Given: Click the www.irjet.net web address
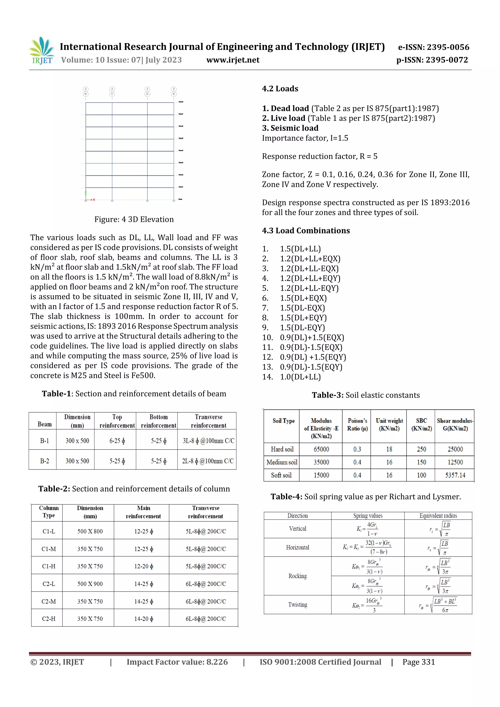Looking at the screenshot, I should pos(233,60).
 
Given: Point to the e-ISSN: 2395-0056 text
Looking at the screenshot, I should pos(433,47).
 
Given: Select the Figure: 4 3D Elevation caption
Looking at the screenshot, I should pos(134,219).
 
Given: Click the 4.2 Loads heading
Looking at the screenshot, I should pos(280,89).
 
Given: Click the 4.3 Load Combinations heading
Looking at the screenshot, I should pos(306,231).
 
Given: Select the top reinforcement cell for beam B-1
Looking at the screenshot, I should pos(117,441).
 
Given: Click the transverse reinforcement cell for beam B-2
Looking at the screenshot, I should pos(208,461).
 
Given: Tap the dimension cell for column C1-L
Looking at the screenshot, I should pos(90,531).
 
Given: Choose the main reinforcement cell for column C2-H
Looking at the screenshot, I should pos(143,619).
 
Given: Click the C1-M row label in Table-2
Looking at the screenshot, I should pos(49,549).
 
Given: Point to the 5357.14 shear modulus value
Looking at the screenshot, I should pos(455,475).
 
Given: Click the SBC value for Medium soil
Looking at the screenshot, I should pos(421,462).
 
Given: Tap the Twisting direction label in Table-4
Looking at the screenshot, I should pos(297,605).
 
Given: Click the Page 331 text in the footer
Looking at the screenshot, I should pos(418,662).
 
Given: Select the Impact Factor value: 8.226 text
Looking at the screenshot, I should pos(177,662).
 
